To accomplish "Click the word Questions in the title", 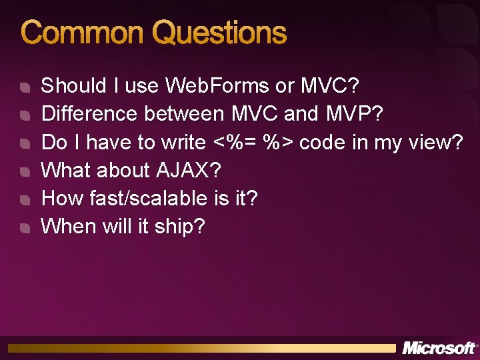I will click(x=219, y=33).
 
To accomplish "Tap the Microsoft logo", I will click(x=438, y=348).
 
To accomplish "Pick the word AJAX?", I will click(x=188, y=170).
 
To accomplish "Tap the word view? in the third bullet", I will click(x=436, y=142).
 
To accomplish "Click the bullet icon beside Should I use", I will click(x=25, y=87).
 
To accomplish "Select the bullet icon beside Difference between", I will click(x=25, y=115).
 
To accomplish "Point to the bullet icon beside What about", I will click(x=25, y=172).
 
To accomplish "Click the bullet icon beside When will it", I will click(x=25, y=228).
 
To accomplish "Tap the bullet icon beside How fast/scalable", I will click(x=25, y=200).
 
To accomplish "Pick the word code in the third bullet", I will click(x=321, y=142).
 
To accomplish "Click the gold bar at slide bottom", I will click(x=200, y=348).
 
